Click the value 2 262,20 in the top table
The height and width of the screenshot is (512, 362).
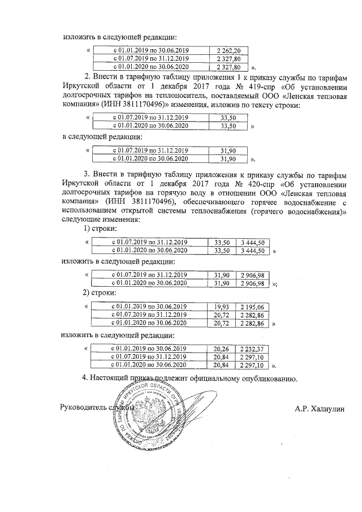(x=229, y=50)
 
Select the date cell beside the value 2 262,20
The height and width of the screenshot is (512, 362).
(x=151, y=50)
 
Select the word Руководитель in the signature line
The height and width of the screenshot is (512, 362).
(x=85, y=407)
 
